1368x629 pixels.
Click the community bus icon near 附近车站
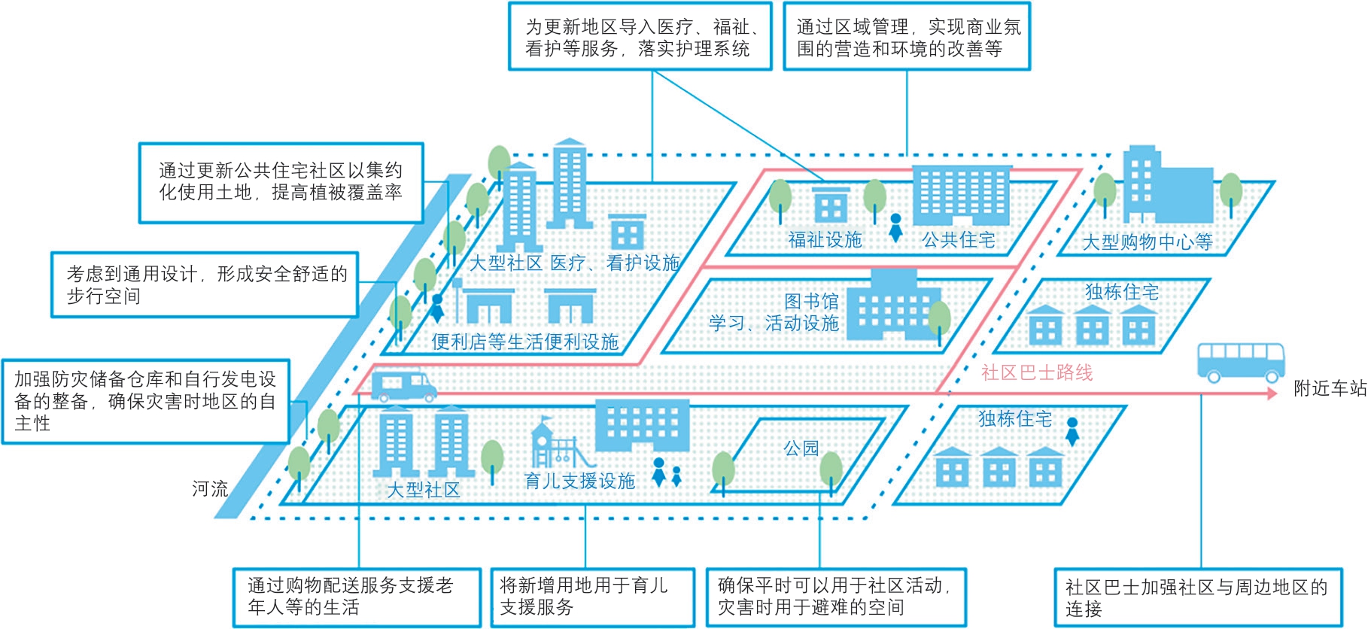tap(1241, 363)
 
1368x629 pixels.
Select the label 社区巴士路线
tap(1037, 372)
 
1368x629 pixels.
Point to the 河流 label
tap(210, 489)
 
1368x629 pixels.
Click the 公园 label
tap(801, 448)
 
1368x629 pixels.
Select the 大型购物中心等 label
tap(1148, 242)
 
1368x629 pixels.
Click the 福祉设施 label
tap(825, 240)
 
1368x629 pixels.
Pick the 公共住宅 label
tap(959, 240)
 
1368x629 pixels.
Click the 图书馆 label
tap(811, 302)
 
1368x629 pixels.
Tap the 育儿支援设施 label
tap(579, 481)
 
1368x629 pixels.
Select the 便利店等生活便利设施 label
tap(525, 342)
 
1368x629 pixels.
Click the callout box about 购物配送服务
tap(357, 597)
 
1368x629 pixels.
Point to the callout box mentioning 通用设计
tap(205, 285)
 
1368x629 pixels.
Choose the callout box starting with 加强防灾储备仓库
tap(146, 401)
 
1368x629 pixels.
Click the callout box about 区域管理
tap(907, 37)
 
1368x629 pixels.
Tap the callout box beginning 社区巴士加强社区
tap(1198, 597)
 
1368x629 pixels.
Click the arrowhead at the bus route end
tap(1272, 393)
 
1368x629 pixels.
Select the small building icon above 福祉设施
tap(831, 204)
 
